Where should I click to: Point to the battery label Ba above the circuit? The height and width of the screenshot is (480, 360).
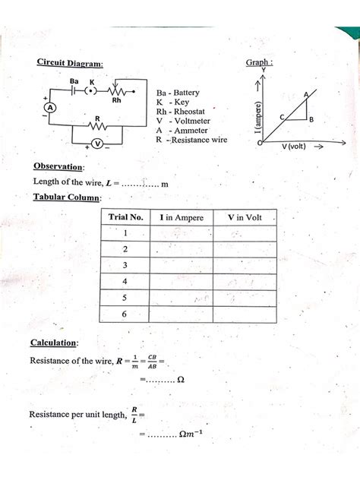pos(74,81)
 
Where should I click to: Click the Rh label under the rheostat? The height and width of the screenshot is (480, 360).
pos(118,99)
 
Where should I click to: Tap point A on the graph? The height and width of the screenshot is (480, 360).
pos(306,94)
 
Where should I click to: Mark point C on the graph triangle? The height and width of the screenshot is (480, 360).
pos(283,117)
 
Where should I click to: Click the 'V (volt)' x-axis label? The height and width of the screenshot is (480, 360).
pos(293,146)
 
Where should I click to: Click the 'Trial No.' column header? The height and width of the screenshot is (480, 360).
pos(126,218)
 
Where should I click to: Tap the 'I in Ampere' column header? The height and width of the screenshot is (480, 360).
pos(182,218)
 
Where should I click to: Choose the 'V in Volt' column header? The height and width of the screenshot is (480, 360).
pos(245,218)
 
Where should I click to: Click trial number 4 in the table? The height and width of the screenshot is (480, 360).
pos(125,280)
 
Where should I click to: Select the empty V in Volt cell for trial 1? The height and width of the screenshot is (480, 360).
pos(245,233)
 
